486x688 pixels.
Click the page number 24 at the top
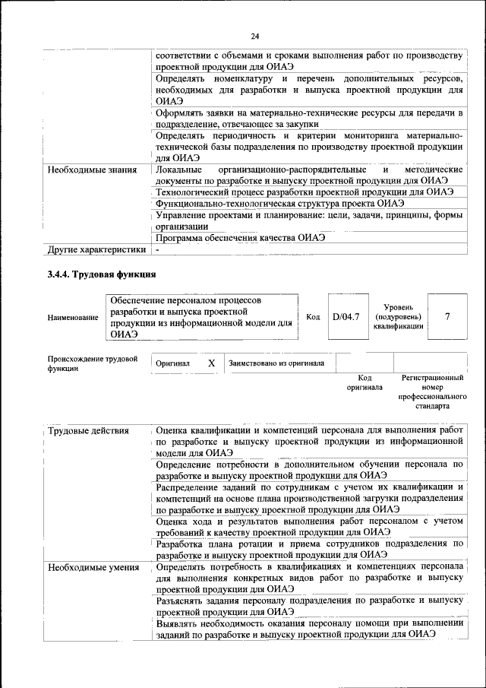click(x=255, y=36)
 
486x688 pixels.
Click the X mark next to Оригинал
click(x=212, y=363)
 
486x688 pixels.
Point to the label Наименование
click(x=73, y=317)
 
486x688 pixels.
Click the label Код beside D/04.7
click(x=313, y=317)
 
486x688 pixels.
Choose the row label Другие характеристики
click(x=96, y=249)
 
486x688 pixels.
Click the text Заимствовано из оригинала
click(x=276, y=363)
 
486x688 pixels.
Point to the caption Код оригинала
click(x=364, y=382)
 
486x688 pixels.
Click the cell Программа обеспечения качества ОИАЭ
click(x=241, y=237)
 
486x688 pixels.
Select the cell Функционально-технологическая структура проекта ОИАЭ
click(x=279, y=203)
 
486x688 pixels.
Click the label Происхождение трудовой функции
click(x=93, y=363)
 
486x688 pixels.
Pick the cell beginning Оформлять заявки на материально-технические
click(x=309, y=118)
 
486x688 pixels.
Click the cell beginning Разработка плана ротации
click(x=309, y=549)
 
